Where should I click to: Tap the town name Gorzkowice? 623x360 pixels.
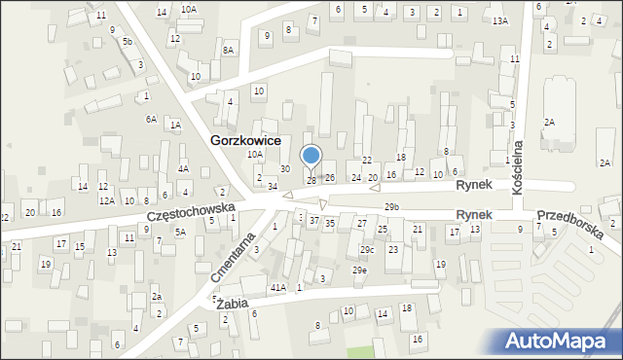245,140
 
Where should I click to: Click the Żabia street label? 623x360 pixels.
234,304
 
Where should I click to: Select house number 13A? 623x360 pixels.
500,20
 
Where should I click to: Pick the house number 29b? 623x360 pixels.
391,207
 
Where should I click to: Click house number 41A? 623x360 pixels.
278,287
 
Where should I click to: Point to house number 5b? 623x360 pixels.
128,42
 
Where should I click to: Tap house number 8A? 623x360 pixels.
229,50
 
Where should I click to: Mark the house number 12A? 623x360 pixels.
106,200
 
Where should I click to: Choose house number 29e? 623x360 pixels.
360,270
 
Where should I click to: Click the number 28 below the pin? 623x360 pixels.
311,180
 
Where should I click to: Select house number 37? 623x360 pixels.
313,221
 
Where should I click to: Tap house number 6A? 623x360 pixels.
151,119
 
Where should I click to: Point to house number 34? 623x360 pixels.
274,186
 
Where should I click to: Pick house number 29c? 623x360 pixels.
366,250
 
